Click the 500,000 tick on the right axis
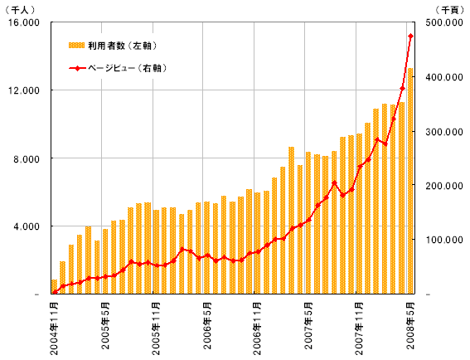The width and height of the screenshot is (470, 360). pyautogui.click(x=444, y=22)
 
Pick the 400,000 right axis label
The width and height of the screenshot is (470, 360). pyautogui.click(x=444, y=77)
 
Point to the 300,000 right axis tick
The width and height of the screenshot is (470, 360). pyautogui.click(x=444, y=132)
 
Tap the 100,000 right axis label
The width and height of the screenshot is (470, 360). pyautogui.click(x=444, y=240)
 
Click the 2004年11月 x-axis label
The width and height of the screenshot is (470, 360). pyautogui.click(x=54, y=328)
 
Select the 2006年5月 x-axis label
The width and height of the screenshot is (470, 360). pyautogui.click(x=207, y=326)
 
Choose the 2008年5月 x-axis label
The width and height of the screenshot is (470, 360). pyautogui.click(x=410, y=326)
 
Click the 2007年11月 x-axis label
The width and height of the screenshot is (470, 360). pyautogui.click(x=359, y=328)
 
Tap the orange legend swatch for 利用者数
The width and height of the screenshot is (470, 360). pyautogui.click(x=77, y=46)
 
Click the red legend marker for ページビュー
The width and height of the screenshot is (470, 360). pyautogui.click(x=77, y=68)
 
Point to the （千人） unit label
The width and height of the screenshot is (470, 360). pyautogui.click(x=20, y=10)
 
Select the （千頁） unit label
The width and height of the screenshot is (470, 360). pyautogui.click(x=449, y=10)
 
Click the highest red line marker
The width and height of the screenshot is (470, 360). pyautogui.click(x=410, y=36)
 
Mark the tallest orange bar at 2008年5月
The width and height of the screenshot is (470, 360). pyautogui.click(x=410, y=181)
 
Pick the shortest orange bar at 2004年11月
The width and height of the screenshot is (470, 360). pyautogui.click(x=54, y=287)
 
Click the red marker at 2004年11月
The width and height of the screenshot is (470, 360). pyautogui.click(x=55, y=292)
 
